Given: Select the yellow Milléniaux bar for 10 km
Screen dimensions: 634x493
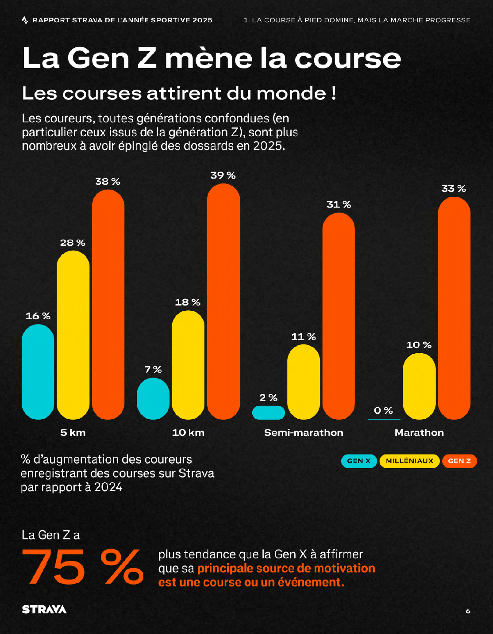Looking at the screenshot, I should (x=188, y=365).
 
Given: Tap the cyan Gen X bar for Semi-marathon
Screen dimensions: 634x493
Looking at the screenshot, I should (x=268, y=412).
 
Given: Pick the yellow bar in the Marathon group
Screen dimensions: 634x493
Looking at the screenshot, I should (x=419, y=386).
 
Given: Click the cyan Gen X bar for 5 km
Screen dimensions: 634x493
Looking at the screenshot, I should (x=38, y=372).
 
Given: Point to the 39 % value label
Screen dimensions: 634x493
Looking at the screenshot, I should (x=223, y=176).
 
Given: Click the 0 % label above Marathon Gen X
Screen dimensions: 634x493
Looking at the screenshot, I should (x=383, y=411).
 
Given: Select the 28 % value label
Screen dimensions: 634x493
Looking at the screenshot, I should (x=73, y=243).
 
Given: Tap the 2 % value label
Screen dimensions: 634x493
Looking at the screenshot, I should (x=268, y=398).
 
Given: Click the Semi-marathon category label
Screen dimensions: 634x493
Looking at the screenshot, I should (x=304, y=433).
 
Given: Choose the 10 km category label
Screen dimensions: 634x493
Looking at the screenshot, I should (x=188, y=433).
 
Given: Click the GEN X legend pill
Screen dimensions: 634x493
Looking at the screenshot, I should (x=359, y=461).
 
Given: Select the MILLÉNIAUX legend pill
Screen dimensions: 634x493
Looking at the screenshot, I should (x=409, y=461).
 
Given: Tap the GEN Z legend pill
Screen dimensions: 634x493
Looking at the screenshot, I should (x=459, y=461).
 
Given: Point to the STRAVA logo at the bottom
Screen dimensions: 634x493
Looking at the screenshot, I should (x=44, y=609).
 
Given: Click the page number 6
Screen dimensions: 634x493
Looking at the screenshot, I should (x=468, y=611).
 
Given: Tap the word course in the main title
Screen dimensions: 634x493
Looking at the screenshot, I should (x=347, y=58).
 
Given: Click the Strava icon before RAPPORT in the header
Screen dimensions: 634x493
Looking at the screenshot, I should (x=25, y=20).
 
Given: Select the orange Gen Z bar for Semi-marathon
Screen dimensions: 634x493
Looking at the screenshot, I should (x=339, y=316).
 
